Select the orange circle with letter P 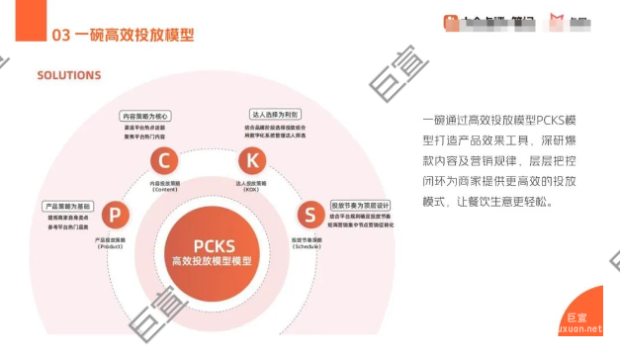coord(116,215)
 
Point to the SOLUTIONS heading coord(69,75)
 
